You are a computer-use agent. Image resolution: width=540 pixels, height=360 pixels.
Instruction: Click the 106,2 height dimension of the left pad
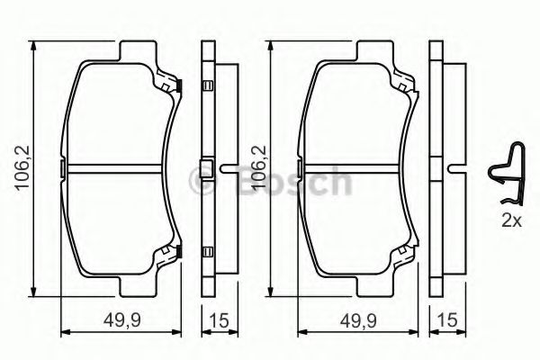point(22,167)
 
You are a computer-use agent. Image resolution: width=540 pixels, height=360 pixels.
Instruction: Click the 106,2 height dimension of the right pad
point(260,167)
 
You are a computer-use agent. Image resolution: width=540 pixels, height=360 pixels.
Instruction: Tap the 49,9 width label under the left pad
point(122,320)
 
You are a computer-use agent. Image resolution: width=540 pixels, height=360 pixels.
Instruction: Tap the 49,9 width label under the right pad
point(358,320)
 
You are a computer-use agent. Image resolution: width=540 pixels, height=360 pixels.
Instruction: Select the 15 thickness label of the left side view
point(219,320)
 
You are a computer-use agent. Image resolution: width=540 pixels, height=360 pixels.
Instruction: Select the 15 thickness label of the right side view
point(447,320)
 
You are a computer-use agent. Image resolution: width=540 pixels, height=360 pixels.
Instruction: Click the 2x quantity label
point(512,220)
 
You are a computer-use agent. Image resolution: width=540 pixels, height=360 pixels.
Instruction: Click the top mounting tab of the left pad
point(138,50)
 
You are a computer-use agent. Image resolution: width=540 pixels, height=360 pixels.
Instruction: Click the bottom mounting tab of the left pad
point(138,286)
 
